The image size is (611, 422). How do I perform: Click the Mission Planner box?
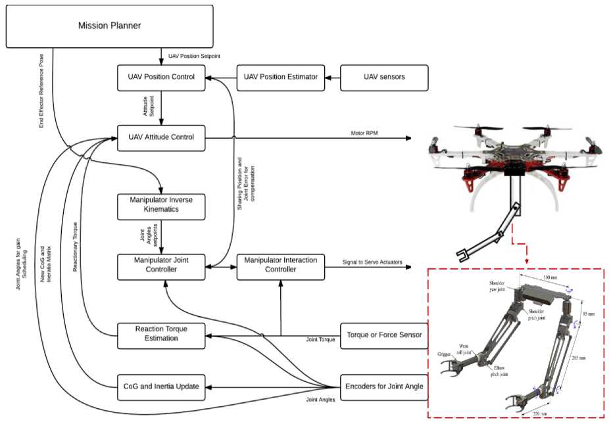109,26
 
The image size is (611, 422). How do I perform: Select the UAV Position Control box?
161,78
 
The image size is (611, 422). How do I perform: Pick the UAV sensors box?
384,78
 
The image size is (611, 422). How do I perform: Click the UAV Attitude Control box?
161,137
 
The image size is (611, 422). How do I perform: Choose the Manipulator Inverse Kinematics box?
161,206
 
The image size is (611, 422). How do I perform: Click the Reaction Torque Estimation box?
161,335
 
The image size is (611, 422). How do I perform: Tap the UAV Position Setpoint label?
196,56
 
